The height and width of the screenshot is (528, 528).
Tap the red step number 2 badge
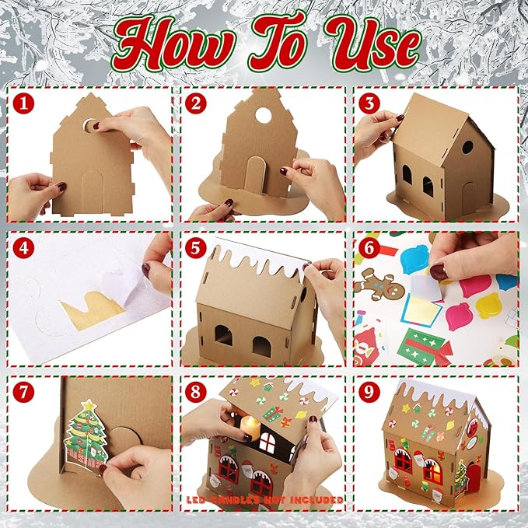point(196,102)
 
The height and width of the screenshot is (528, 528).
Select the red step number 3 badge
point(369,102)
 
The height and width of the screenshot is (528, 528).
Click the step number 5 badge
point(196,248)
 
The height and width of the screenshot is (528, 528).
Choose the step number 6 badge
point(369,248)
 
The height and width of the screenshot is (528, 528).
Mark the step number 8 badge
point(196,393)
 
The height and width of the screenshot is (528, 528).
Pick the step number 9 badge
point(369,393)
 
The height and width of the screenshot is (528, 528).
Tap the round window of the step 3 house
point(467,147)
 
